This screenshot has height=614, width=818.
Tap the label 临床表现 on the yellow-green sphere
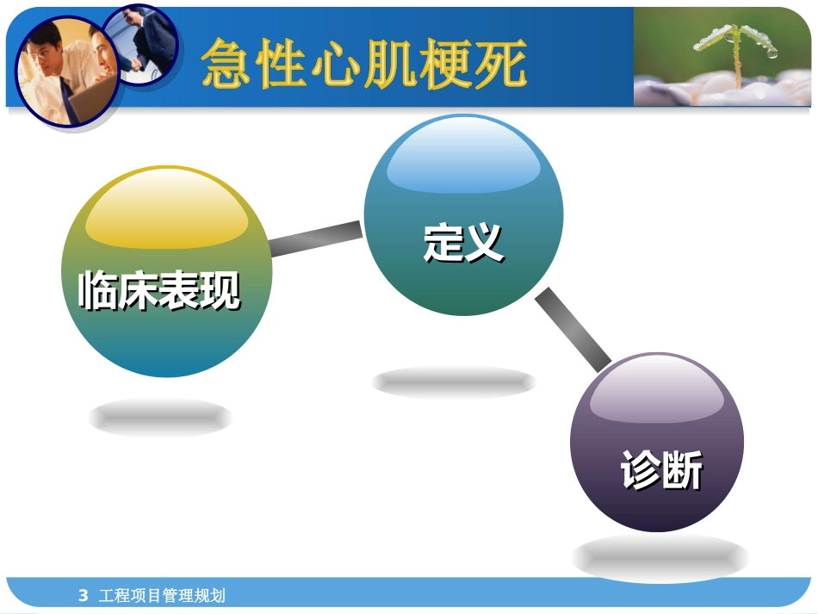[159, 290]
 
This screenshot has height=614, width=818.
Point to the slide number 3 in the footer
[83, 595]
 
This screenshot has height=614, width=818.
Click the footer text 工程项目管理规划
[163, 595]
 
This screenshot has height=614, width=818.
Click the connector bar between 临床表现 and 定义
[316, 239]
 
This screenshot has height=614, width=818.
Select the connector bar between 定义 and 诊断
[573, 330]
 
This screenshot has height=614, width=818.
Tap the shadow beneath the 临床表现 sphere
[160, 418]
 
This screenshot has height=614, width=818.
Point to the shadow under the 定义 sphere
[454, 382]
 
